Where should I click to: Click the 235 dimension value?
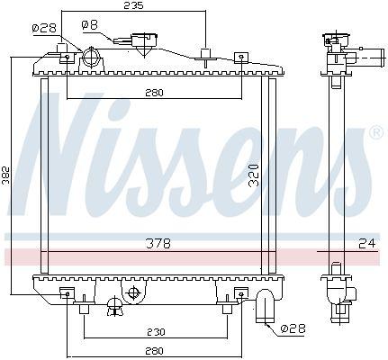click(133, 5)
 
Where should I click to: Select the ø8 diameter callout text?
click(89, 24)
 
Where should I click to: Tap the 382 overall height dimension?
click(5, 175)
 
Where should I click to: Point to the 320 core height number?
click(254, 175)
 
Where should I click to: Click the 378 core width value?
click(158, 243)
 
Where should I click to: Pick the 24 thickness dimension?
click(367, 243)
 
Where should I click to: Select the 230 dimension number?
click(156, 332)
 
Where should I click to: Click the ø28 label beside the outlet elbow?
click(293, 328)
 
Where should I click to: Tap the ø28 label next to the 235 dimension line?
click(44, 28)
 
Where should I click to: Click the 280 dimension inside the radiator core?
click(154, 93)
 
